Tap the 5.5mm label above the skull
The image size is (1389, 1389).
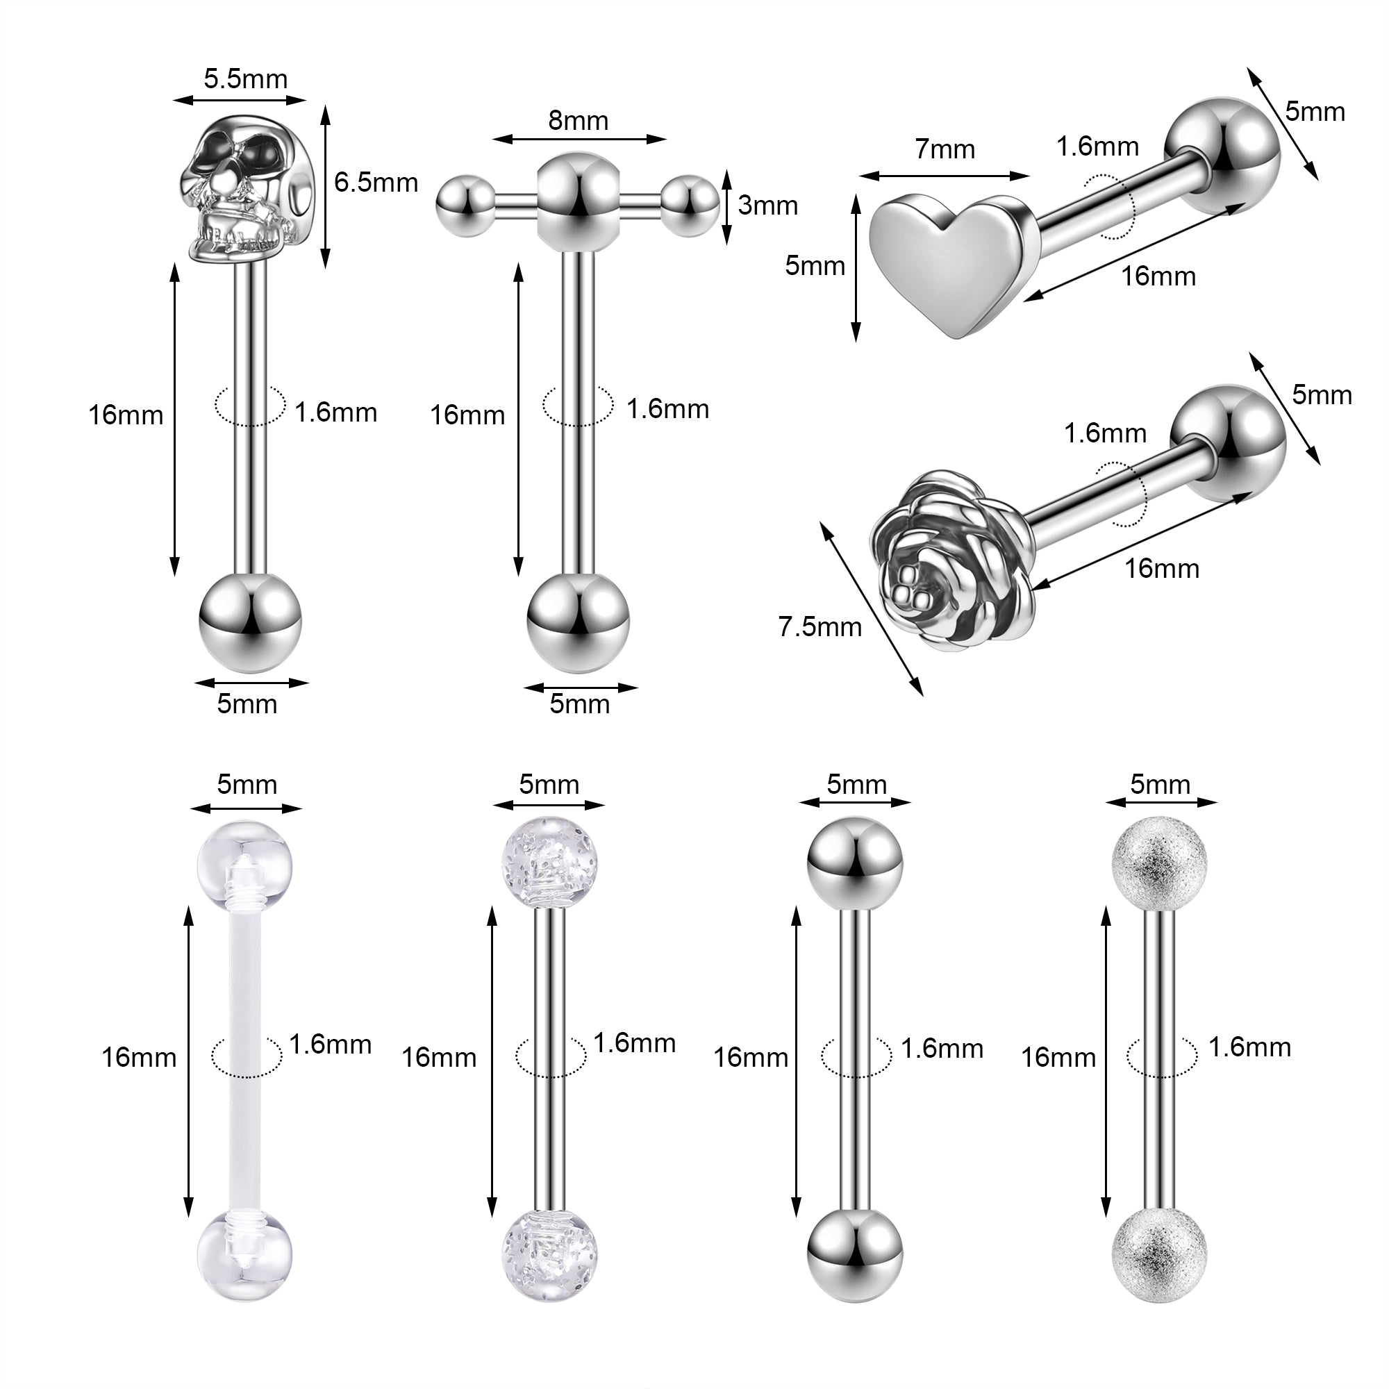click(245, 78)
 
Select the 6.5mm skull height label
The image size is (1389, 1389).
click(376, 183)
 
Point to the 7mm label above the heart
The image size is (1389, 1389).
click(945, 149)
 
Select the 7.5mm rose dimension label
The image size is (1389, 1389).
click(820, 627)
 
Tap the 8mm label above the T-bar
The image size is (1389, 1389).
click(578, 120)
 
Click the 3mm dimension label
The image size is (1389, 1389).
click(768, 206)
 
